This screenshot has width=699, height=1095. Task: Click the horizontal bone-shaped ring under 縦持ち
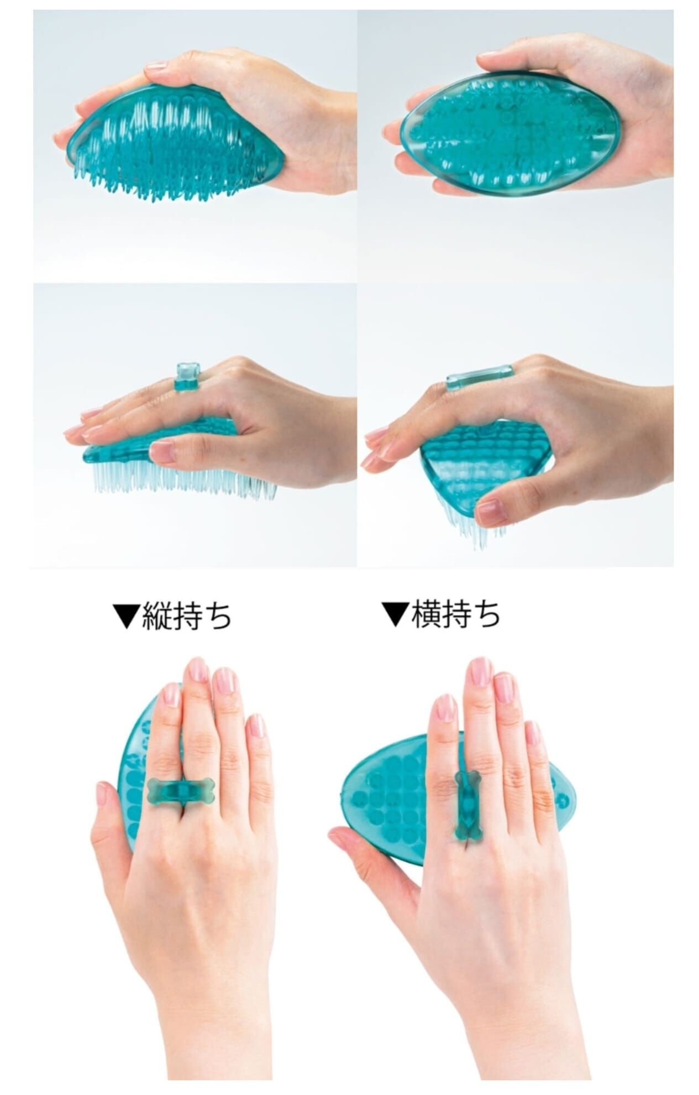click(x=181, y=791)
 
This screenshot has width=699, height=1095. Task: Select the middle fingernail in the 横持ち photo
click(x=481, y=671)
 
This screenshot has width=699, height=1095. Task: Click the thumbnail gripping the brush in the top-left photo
click(x=156, y=67)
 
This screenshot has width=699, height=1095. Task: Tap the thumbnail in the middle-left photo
click(x=162, y=451)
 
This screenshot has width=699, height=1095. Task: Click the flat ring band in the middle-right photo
click(x=479, y=376)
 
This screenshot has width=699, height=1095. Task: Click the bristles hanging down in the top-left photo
click(x=166, y=177)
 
